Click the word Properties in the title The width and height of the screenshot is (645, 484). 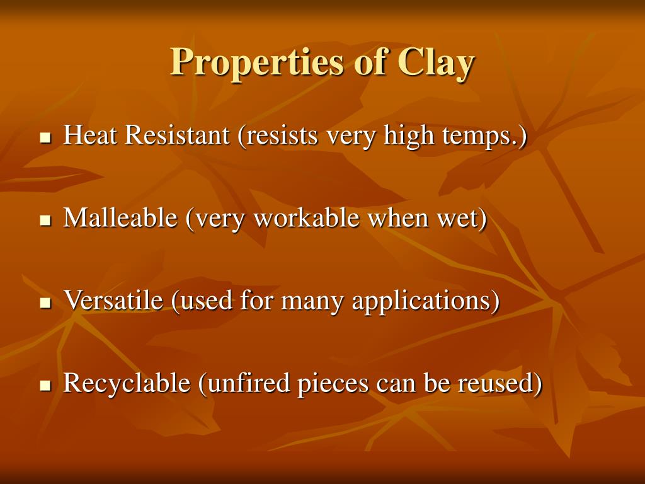(256, 62)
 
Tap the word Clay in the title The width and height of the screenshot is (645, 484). (436, 62)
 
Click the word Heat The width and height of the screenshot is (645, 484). (89, 135)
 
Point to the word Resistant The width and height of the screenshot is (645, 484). (177, 135)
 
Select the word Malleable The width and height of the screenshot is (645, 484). (120, 217)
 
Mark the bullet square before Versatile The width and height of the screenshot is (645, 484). (45, 303)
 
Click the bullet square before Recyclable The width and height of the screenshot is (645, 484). (45, 386)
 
